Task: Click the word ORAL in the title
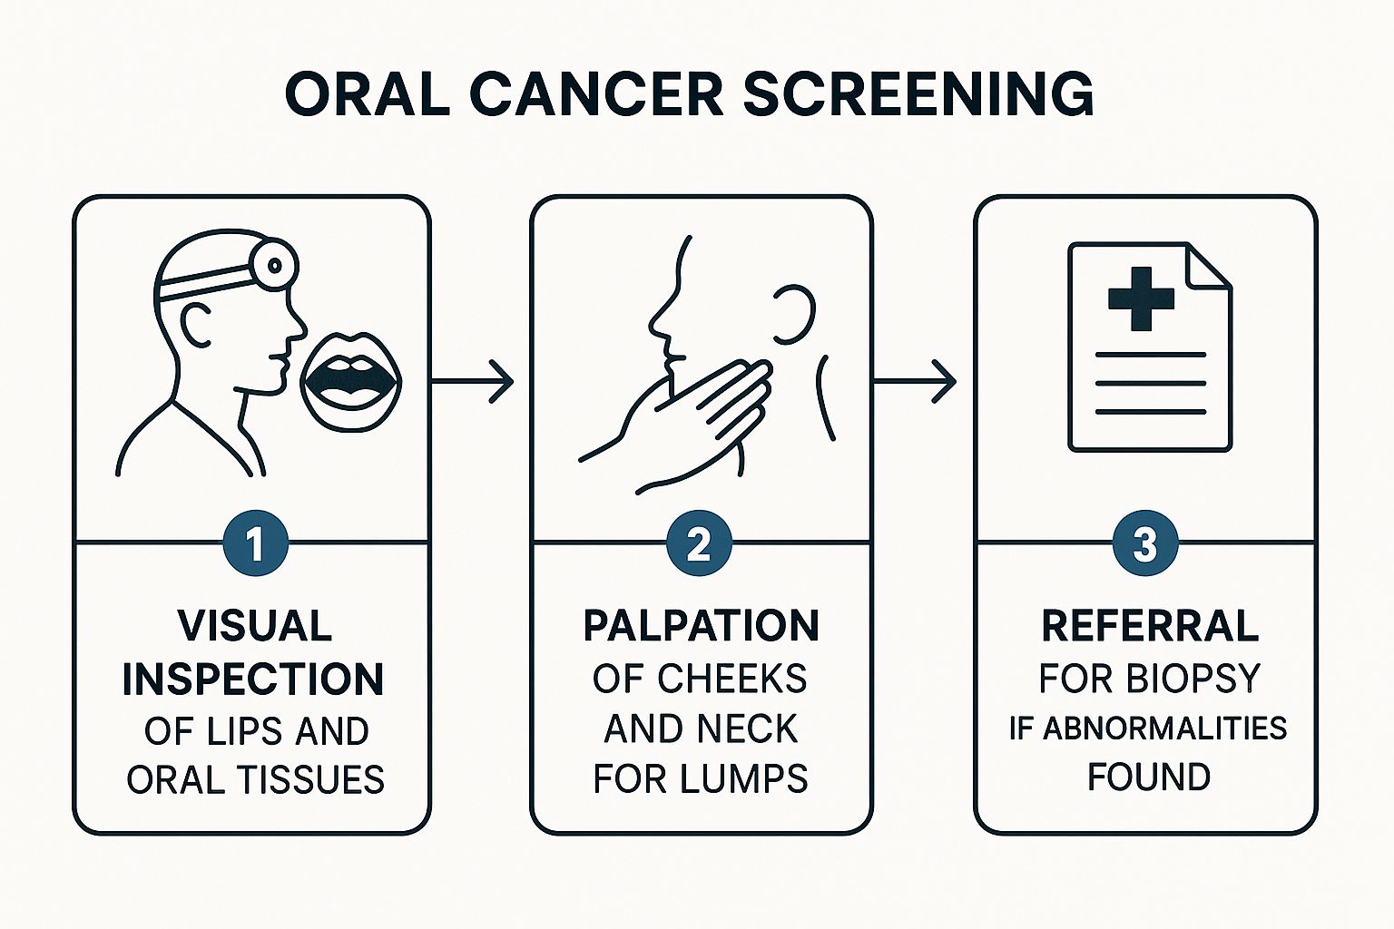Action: pos(367,93)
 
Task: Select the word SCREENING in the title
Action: pos(918,93)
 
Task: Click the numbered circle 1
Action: pos(255,544)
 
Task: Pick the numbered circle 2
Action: pos(699,544)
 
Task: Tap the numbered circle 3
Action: pos(1144,544)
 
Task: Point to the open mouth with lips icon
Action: pos(349,380)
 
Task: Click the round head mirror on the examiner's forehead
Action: pos(275,264)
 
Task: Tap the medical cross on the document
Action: pos(1141,298)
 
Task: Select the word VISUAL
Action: pos(255,626)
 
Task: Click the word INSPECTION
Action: pos(253,679)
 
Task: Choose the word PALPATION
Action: pos(701,626)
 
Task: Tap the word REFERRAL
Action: pos(1149,626)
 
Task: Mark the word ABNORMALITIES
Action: pos(1164,729)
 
